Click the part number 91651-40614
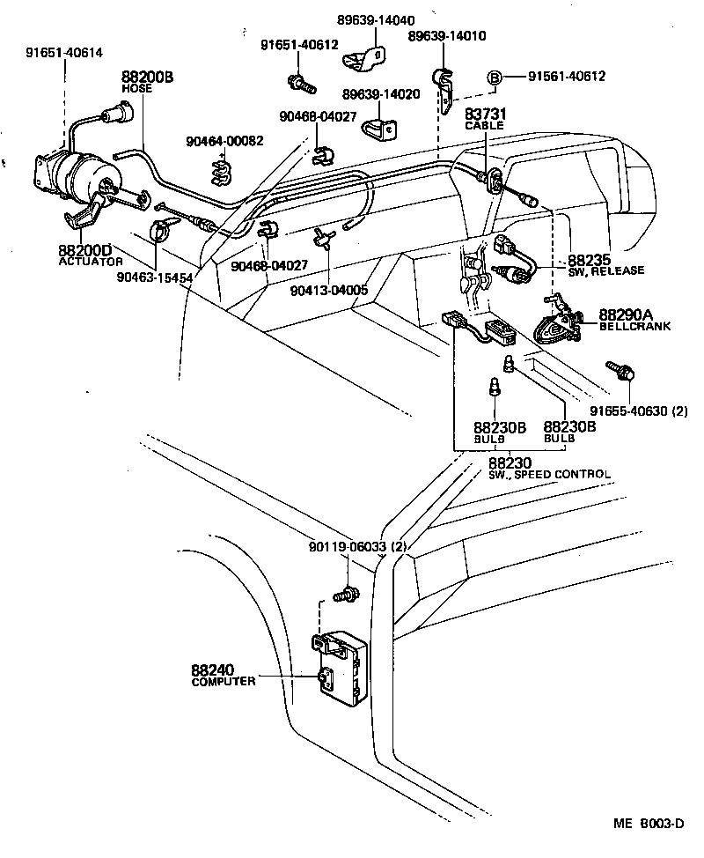click(x=63, y=53)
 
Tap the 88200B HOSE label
click(x=147, y=83)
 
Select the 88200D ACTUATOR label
click(x=85, y=255)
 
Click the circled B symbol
click(x=495, y=78)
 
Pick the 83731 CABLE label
click(x=484, y=119)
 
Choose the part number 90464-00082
click(x=224, y=141)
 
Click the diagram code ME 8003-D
click(x=649, y=825)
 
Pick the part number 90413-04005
click(x=331, y=289)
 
